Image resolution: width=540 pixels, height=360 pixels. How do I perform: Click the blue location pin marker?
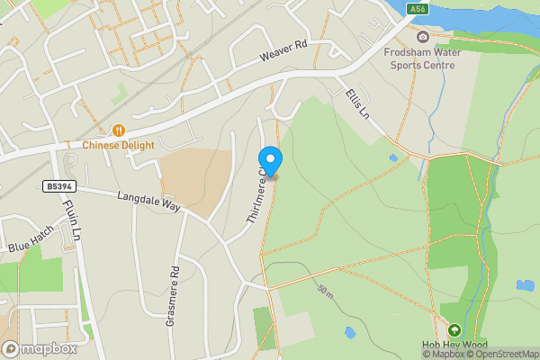271,159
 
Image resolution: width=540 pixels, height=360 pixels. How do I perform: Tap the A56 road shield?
416,9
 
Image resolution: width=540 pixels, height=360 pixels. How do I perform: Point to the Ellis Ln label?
357,103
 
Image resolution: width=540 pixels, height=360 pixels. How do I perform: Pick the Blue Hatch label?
31,239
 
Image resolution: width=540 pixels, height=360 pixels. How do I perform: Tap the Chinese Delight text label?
119,145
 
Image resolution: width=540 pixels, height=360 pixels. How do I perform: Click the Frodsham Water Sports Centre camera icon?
423,37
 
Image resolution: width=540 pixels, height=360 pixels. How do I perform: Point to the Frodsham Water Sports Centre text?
422,58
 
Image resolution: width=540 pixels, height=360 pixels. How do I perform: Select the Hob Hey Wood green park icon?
454,330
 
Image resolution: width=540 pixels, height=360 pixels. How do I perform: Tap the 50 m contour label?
325,292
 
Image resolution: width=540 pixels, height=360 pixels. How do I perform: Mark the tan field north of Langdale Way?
196,180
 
